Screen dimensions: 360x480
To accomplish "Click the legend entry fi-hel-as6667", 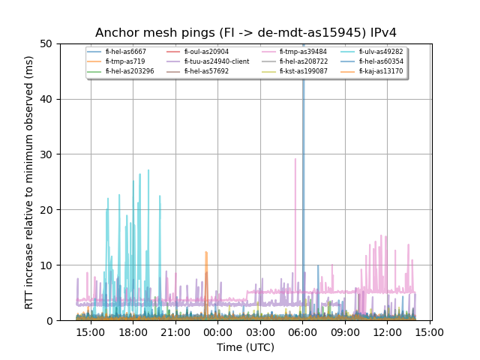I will coord(125,52).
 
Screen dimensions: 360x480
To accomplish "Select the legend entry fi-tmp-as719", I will coord(125,61).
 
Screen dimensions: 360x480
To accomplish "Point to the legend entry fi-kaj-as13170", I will coord(380,71).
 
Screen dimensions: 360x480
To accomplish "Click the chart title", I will coord(245,33).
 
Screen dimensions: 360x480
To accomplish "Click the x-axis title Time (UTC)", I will coord(245,347).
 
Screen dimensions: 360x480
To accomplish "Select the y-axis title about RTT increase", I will coord(29,182).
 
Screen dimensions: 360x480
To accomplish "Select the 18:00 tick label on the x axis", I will coord(133,331).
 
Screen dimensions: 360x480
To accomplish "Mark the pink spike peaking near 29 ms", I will coord(295,160).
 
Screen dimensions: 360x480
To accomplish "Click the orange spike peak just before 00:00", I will coord(206,253).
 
